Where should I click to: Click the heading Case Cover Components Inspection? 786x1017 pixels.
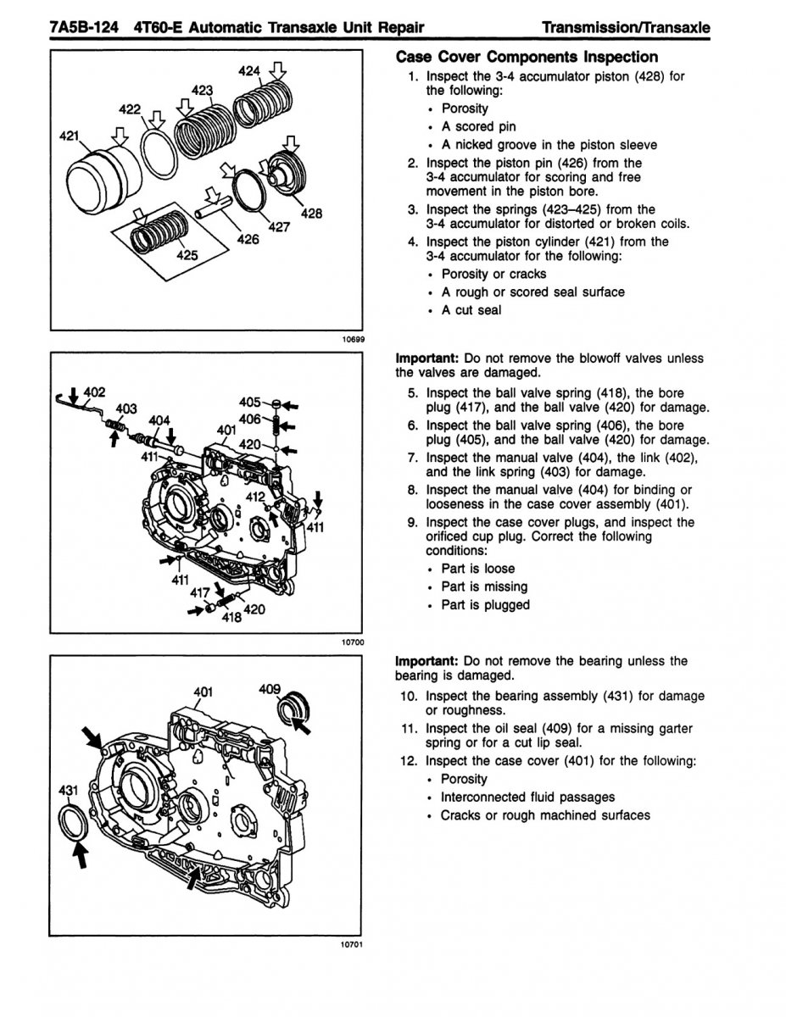(527, 57)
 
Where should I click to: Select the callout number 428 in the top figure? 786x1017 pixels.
(311, 214)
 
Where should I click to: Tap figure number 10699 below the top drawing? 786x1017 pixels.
(353, 339)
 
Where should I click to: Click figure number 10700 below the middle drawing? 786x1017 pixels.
(353, 642)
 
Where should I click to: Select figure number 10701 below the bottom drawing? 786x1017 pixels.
(353, 946)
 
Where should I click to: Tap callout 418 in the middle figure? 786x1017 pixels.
(231, 618)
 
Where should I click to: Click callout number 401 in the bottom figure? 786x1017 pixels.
(203, 691)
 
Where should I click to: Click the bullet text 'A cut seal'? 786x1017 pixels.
(471, 310)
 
